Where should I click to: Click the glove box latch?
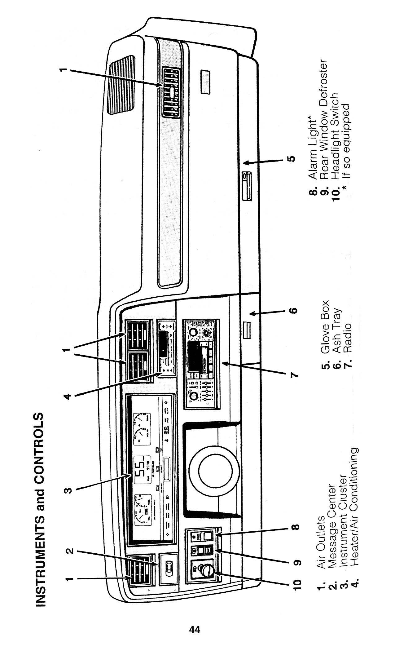[247, 187]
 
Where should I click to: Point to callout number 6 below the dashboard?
[294, 310]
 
